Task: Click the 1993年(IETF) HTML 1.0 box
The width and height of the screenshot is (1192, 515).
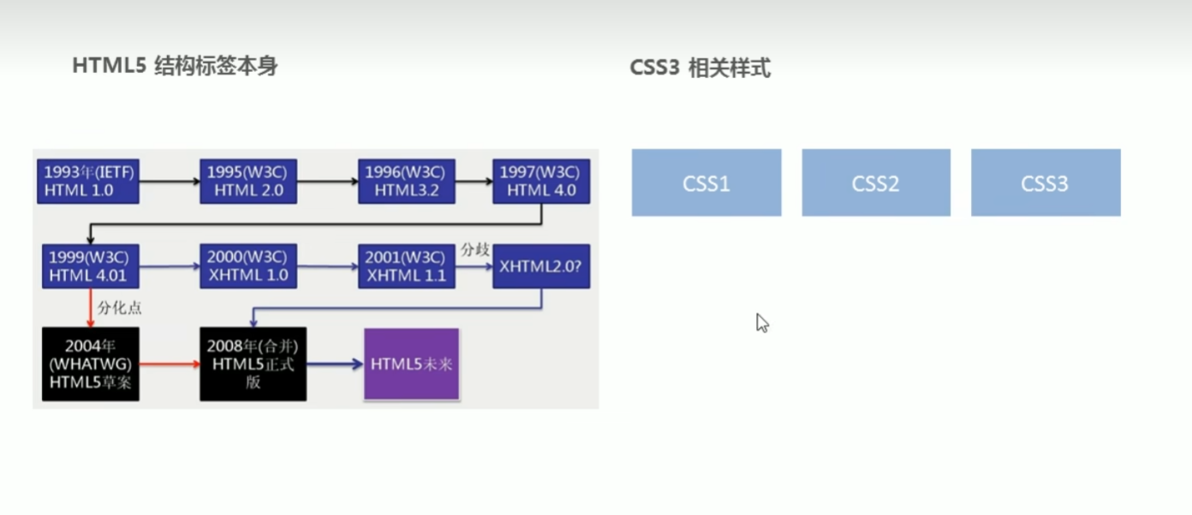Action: tap(88, 181)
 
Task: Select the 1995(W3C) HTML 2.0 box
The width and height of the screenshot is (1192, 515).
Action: tap(248, 181)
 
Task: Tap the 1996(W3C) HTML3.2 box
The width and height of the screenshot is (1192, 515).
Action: tap(406, 181)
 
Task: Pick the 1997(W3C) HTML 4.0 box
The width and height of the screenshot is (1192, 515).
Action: tap(541, 181)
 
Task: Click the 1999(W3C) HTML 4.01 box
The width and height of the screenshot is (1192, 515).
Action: tap(90, 266)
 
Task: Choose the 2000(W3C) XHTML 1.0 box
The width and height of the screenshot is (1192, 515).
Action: tap(248, 266)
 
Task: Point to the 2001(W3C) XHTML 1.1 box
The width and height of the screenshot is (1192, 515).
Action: tap(406, 266)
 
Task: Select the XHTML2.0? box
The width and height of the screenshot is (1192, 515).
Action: tap(541, 266)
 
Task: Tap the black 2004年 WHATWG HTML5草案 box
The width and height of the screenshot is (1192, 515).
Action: tap(90, 364)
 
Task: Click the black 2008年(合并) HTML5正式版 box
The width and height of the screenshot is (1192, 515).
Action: tap(253, 364)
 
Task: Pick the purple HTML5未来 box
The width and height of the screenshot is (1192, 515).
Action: tap(411, 364)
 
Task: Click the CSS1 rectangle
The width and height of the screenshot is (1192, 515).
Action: tap(706, 183)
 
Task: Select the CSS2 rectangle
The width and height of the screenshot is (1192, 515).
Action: tap(876, 183)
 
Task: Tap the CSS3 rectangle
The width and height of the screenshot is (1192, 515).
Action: tap(1046, 183)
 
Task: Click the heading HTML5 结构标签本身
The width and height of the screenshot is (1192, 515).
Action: tap(175, 66)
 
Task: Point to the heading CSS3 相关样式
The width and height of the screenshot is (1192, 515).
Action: tap(700, 68)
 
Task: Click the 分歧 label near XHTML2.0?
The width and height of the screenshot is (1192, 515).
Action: tap(475, 249)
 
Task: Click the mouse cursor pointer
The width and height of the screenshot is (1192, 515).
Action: tap(761, 322)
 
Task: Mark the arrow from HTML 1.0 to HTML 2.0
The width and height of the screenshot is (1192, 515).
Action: tap(170, 182)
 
